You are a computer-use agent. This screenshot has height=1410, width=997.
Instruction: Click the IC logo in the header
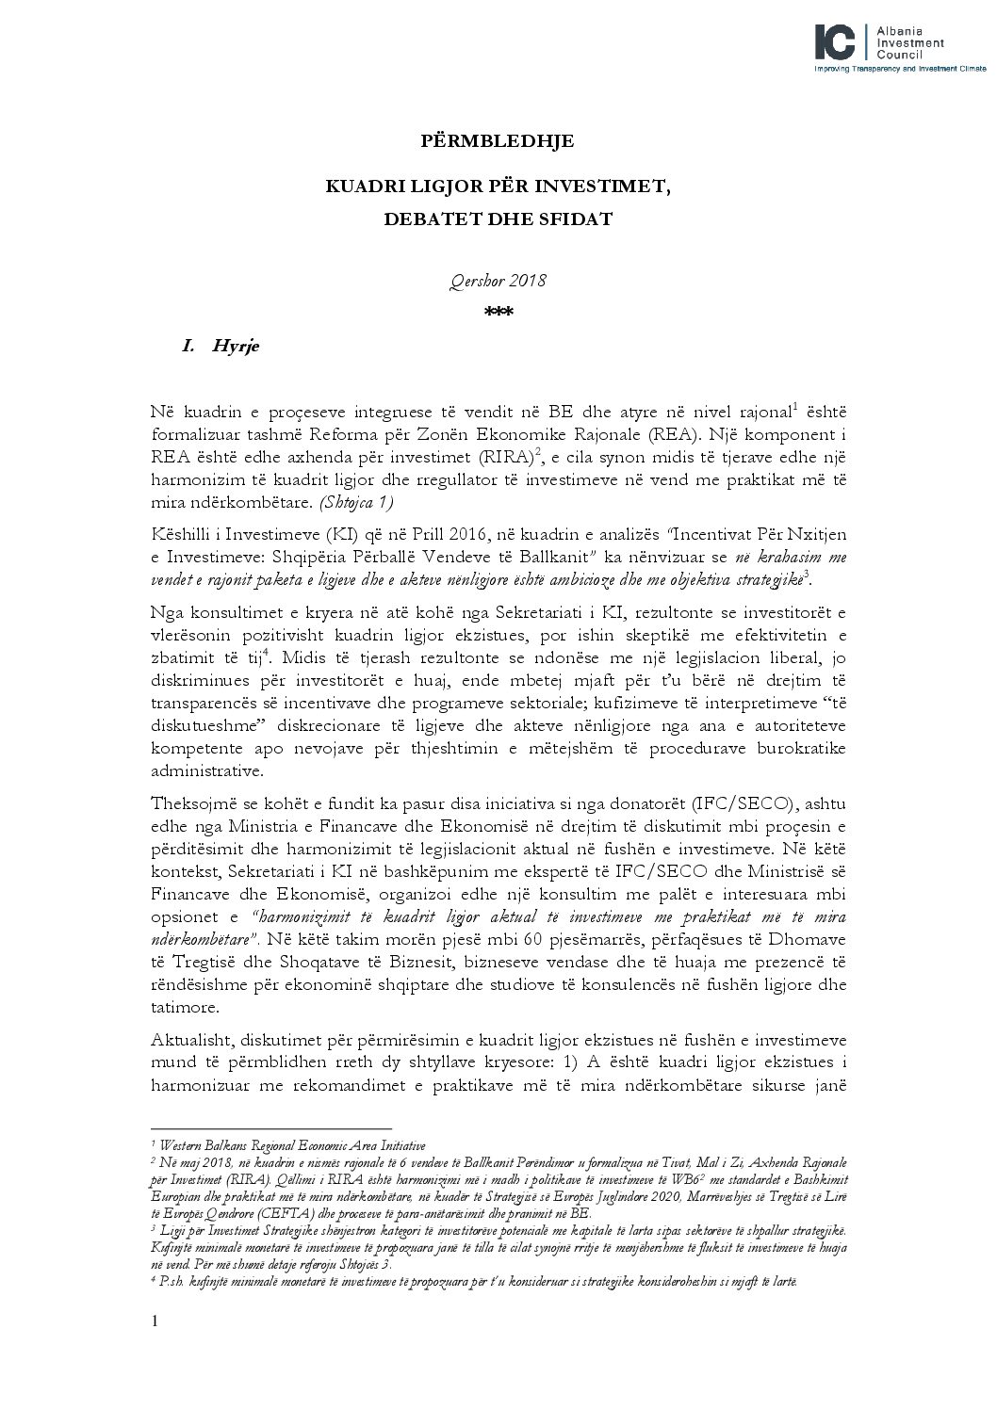pyautogui.click(x=836, y=41)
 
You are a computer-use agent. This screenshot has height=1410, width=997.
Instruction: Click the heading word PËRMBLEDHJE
pyautogui.click(x=497, y=141)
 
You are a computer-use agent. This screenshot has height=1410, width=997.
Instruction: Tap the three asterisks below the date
pyautogui.click(x=498, y=313)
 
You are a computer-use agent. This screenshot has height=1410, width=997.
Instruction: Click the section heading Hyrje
pyautogui.click(x=236, y=346)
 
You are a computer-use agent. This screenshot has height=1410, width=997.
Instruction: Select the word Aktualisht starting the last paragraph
pyautogui.click(x=193, y=1040)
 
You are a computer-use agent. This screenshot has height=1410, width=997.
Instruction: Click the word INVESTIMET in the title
pyautogui.click(x=610, y=186)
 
